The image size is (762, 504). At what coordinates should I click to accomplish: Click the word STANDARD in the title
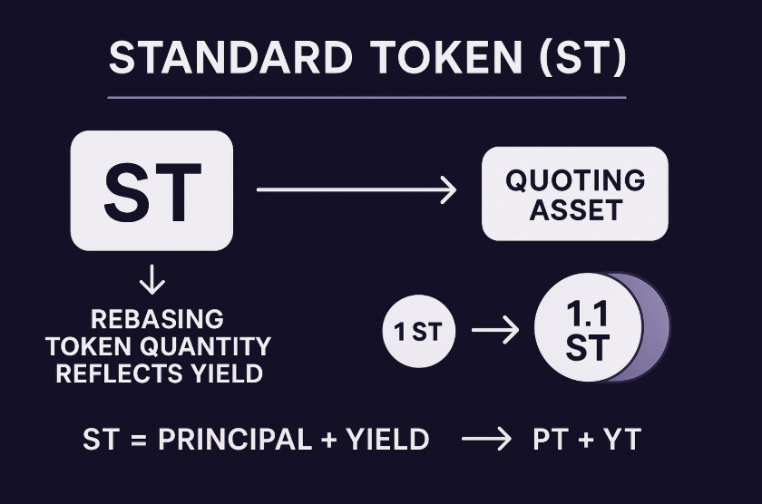coord(230,57)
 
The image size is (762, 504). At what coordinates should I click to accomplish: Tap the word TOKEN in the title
coord(446,57)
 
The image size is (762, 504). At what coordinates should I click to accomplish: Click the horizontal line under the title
coord(366,98)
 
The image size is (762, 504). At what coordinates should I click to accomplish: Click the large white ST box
coord(151,191)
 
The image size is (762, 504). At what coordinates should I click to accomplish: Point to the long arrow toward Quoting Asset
coord(357,189)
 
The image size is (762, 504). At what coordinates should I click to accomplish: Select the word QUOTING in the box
coord(575,180)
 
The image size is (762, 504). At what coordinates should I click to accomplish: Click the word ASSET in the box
coord(576,210)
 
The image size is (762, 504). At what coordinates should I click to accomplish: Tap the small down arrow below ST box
coord(152,279)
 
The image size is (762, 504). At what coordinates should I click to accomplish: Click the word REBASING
coord(158,319)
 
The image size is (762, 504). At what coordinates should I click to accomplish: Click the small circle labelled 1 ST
coord(419,331)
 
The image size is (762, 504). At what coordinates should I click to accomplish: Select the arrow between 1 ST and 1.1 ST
coord(495,330)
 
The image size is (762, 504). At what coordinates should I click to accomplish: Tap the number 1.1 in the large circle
coord(587,314)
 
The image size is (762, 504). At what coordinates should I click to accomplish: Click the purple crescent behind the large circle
coord(657,327)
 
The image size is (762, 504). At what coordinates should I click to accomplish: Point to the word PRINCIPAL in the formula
coord(234,440)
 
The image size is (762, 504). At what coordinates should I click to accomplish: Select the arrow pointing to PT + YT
coord(486,439)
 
